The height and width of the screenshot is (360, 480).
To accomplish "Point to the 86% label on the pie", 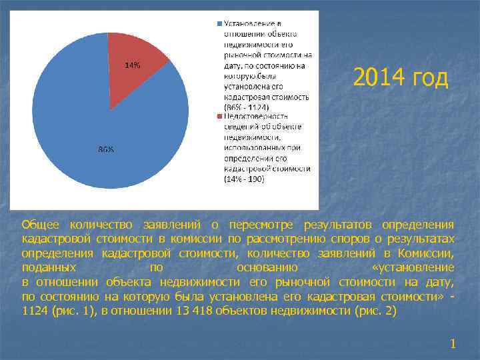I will [x=106, y=149].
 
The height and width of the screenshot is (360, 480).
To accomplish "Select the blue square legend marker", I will [x=219, y=23].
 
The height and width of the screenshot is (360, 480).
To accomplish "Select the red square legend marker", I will [x=219, y=116].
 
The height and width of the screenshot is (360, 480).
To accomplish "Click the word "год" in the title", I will [x=431, y=78].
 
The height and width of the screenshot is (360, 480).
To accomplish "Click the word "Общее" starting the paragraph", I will [x=40, y=225].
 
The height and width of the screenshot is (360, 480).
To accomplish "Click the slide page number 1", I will [x=453, y=344].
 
